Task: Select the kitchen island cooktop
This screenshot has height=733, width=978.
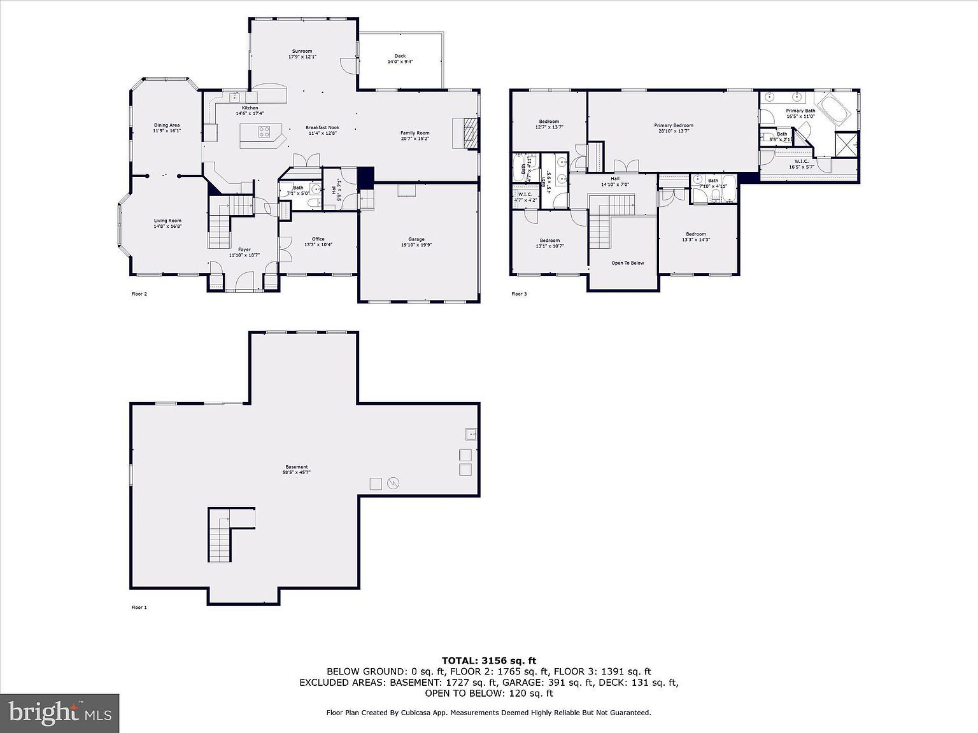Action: (264, 132)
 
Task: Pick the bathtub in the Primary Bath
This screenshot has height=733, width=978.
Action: (834, 109)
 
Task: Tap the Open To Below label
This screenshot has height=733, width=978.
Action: (627, 263)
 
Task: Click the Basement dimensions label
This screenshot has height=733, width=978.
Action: (296, 472)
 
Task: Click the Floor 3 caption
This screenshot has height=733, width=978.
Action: (519, 294)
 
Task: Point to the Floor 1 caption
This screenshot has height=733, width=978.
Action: (139, 608)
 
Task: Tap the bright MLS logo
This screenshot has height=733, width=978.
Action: (60, 712)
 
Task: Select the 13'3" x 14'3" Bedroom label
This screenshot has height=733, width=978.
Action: (696, 237)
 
